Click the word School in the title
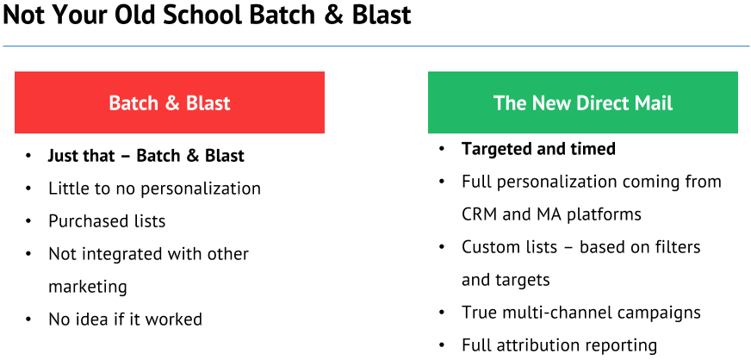(x=203, y=15)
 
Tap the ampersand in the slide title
(x=335, y=16)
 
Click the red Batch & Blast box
(x=170, y=102)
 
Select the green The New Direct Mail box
(x=583, y=102)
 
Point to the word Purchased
(x=84, y=221)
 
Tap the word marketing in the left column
(x=88, y=288)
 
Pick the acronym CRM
(x=480, y=214)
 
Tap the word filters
(x=676, y=247)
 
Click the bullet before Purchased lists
(x=28, y=221)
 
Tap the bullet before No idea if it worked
(x=28, y=320)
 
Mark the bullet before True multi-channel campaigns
(x=442, y=313)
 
